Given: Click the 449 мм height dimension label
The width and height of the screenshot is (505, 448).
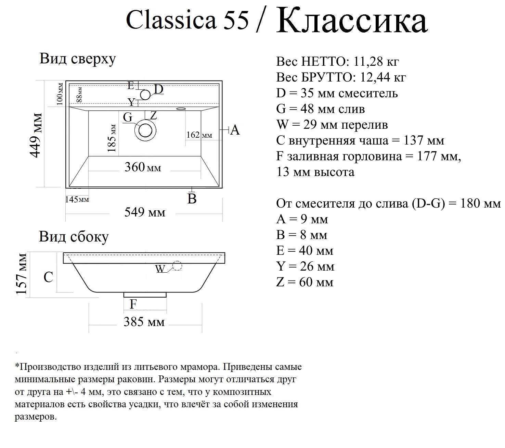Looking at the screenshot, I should [36, 135].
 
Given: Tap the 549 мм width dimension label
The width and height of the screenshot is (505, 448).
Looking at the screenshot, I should [144, 212].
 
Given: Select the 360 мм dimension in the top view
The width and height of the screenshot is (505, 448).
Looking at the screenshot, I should [143, 167].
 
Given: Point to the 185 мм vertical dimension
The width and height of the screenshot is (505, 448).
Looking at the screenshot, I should [112, 138].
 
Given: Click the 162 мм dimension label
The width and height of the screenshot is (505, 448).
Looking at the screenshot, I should [199, 135].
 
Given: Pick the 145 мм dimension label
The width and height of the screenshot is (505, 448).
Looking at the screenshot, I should [77, 199].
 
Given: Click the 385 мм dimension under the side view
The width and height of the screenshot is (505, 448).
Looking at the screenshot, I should [144, 322].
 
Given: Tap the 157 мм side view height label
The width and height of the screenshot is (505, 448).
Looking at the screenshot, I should [22, 274].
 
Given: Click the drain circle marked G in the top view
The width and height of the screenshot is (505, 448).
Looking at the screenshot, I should [145, 130].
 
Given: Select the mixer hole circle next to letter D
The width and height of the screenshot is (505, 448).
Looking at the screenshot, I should [145, 95].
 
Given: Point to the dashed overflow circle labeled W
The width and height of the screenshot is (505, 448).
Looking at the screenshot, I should [177, 266].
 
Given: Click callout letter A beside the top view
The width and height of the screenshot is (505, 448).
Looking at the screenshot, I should [235, 130].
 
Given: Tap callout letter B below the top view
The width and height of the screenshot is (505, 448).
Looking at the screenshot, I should [192, 199].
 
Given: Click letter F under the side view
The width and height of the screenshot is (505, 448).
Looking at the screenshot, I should [133, 304].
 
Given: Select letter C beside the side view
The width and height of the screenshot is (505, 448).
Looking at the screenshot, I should [48, 277].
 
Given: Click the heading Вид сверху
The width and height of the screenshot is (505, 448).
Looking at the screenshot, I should [78, 59].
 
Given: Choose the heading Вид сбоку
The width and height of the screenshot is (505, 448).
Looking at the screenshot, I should [74, 237].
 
